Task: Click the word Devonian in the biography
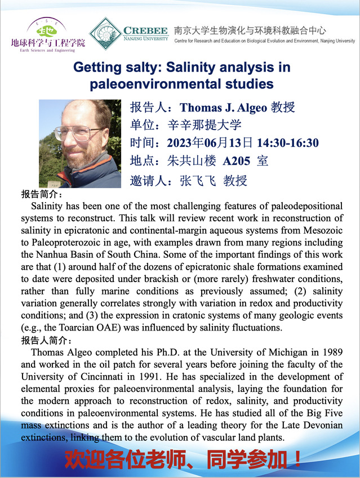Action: tap(322, 425)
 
